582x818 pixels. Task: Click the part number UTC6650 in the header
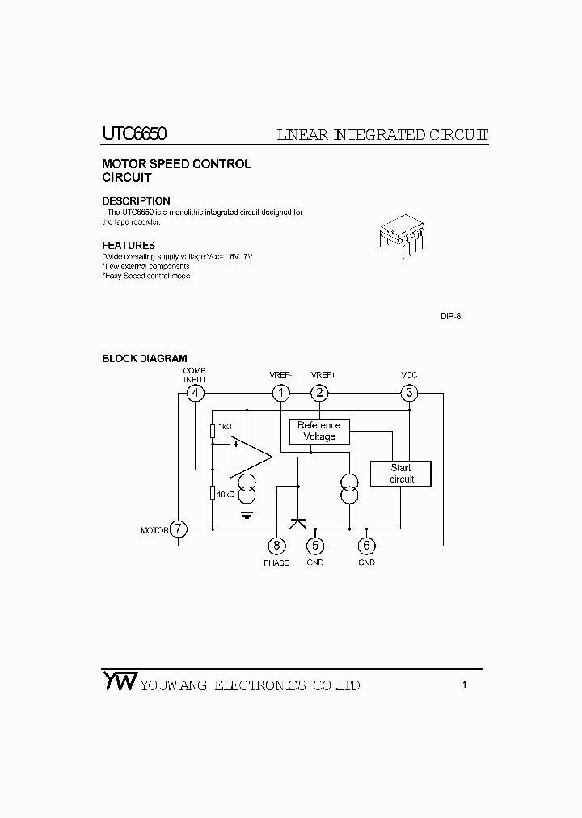click(135, 134)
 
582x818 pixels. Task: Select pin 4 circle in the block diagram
click(195, 394)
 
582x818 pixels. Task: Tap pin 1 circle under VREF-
click(280, 394)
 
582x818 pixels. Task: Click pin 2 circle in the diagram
click(321, 394)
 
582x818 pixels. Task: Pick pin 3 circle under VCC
click(409, 394)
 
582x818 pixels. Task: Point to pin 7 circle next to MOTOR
click(179, 530)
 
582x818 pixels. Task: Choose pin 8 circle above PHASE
click(276, 546)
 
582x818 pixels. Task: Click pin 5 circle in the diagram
click(315, 546)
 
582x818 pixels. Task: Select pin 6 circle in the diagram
click(366, 546)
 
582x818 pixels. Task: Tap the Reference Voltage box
click(319, 431)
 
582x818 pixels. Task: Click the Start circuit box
click(401, 474)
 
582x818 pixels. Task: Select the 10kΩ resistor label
click(226, 494)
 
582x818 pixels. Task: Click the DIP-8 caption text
click(450, 316)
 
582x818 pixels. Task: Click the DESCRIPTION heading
click(136, 201)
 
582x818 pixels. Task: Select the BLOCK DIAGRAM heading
click(145, 358)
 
